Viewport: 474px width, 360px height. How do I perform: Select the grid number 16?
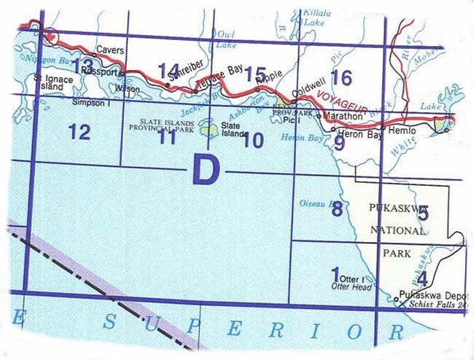(341, 77)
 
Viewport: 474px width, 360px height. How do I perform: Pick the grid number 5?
(423, 213)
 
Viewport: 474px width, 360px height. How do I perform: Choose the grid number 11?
(167, 136)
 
